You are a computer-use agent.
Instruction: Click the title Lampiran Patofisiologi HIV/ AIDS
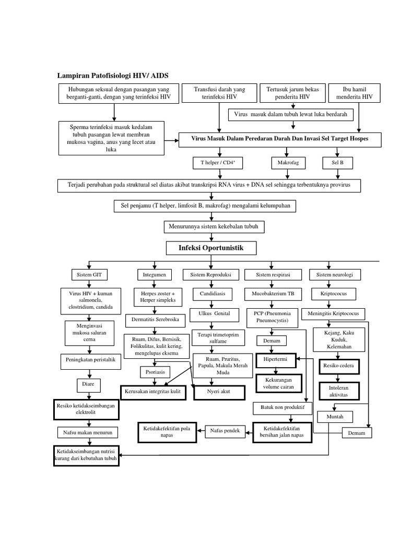[112, 76]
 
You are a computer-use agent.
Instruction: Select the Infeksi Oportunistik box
[211, 247]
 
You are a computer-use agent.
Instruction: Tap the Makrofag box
[285, 163]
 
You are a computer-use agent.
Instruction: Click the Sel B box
[337, 163]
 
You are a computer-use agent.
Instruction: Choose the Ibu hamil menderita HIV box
[358, 93]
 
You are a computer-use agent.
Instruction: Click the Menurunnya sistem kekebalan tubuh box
[214, 227]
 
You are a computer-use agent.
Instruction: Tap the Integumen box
[151, 274]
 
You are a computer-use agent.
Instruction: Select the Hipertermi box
[276, 360]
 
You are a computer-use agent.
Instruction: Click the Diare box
[86, 385]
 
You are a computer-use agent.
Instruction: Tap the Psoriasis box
[155, 372]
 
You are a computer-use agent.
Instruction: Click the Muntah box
[334, 417]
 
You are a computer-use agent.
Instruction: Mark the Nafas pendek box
[225, 431]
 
